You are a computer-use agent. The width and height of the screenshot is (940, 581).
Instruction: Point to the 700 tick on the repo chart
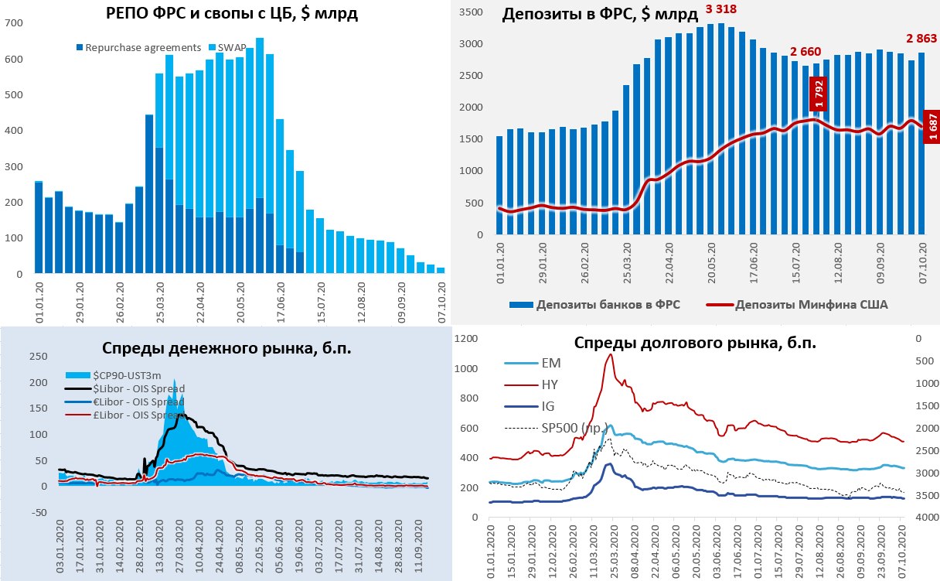point(13,23)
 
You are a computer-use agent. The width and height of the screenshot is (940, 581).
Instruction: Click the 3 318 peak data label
point(720,9)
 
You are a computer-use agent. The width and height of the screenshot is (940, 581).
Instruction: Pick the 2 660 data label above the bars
point(805,52)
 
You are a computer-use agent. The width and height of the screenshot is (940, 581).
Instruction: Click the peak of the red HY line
point(610,354)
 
